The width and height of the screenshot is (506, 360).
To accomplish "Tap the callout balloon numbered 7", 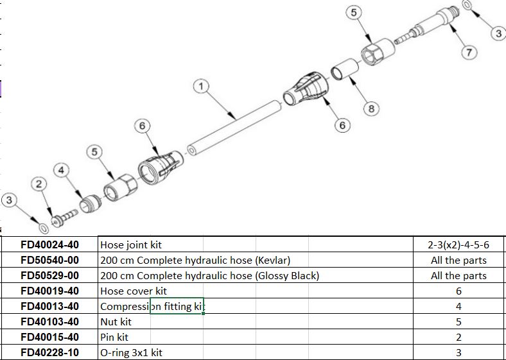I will (470, 52).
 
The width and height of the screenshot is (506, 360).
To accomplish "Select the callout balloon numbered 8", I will (371, 108).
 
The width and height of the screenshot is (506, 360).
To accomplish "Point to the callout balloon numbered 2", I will (40, 185).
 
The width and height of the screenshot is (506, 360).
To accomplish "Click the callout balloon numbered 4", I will (62, 170).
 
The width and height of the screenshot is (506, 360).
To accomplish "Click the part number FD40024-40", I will (50, 245).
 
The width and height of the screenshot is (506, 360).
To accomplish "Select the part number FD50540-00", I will (50, 261).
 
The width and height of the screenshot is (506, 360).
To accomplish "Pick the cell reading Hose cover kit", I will (134, 291).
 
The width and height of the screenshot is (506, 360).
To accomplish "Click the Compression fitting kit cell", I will (152, 307).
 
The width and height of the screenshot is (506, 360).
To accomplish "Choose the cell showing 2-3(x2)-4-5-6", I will (458, 245).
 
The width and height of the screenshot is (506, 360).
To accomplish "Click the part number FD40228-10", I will (50, 352).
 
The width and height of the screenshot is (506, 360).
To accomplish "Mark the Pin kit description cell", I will (114, 337).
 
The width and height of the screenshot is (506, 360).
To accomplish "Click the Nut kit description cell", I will (116, 321).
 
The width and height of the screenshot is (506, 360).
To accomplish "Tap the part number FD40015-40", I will (50, 337).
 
